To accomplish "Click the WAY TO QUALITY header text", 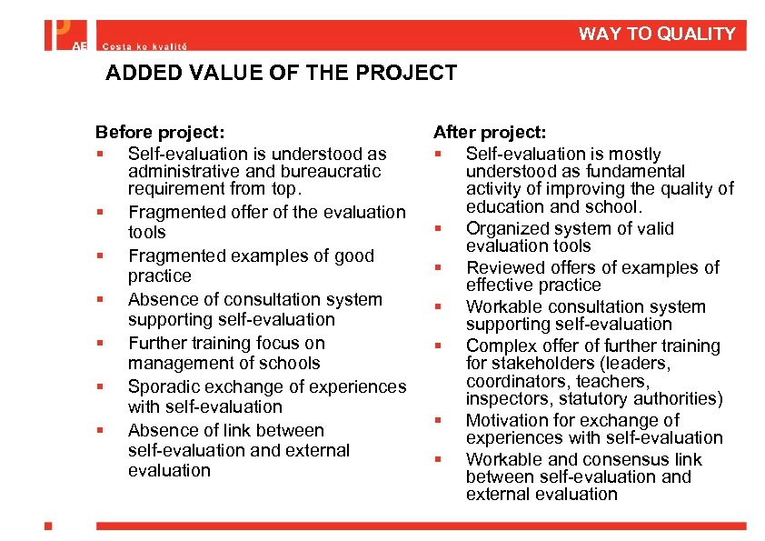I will click(656, 35).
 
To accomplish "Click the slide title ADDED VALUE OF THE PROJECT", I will click(281, 74).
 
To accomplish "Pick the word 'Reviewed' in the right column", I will click(502, 268).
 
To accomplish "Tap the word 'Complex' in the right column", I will click(500, 346).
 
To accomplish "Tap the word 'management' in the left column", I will click(174, 364).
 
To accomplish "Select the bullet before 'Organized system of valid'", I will click(438, 229).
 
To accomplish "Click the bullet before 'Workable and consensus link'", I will click(438, 460).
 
